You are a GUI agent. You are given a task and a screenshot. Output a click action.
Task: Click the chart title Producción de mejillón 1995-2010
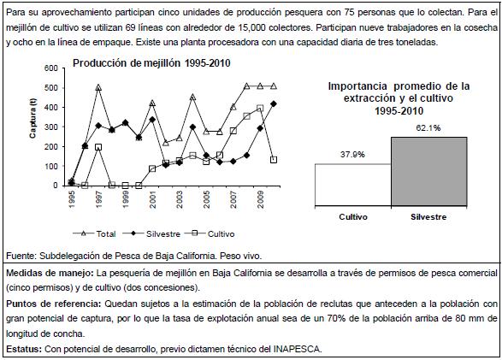(x=151, y=63)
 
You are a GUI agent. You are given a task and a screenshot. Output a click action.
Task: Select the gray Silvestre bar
(x=429, y=172)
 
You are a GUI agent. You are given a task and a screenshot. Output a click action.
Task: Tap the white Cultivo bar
(x=353, y=185)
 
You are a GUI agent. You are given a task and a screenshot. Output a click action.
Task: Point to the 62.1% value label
(x=428, y=128)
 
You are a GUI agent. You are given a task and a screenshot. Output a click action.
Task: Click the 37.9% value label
(x=352, y=155)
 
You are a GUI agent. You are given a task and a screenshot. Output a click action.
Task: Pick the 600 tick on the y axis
(x=51, y=68)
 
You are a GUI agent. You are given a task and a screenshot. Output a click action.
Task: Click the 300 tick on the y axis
(x=51, y=127)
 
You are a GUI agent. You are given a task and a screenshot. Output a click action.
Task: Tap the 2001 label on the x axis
(x=153, y=200)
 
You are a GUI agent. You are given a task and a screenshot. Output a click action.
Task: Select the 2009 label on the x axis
(x=261, y=200)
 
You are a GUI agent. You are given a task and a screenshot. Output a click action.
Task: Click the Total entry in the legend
(x=94, y=234)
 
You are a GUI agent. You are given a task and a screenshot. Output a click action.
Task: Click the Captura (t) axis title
(x=32, y=118)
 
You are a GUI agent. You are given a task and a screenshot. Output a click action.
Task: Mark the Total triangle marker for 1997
(x=98, y=87)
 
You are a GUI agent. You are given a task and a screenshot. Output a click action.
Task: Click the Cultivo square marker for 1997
(x=98, y=147)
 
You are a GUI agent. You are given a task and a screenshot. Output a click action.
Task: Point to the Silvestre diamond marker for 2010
(x=274, y=103)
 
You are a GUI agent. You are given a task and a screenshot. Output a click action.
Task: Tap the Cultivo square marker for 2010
(x=274, y=160)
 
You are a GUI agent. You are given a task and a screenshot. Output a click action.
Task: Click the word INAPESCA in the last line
(x=297, y=349)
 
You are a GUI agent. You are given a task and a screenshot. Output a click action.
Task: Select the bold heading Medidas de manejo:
(x=50, y=273)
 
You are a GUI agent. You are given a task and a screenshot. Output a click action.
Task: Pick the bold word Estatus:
(x=24, y=349)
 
